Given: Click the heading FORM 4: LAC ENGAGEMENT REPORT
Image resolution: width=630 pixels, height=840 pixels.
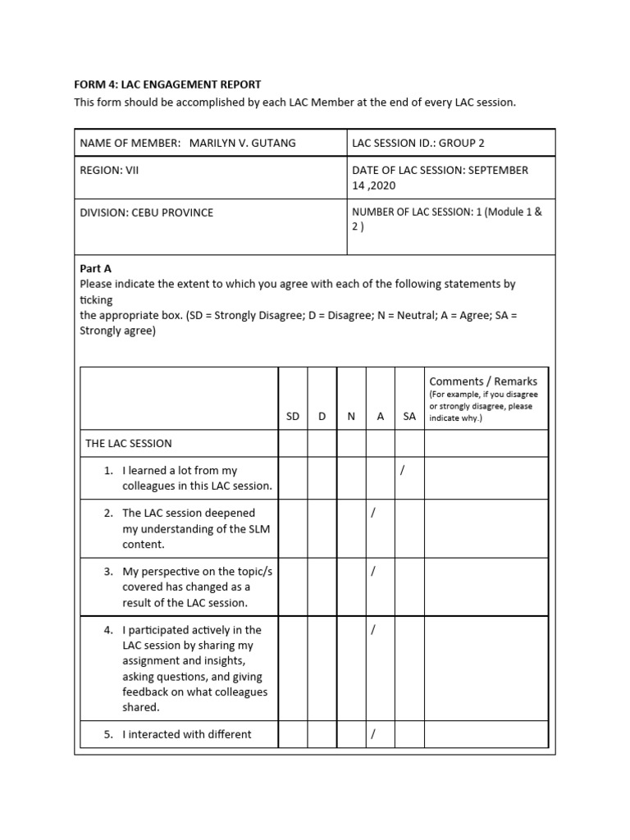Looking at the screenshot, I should point(167,84).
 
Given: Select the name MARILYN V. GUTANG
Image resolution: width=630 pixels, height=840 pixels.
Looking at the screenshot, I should point(243,143).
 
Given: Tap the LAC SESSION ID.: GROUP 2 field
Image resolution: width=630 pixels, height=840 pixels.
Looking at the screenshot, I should point(418,143).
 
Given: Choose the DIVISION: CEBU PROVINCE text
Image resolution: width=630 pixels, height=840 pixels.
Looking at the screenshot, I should point(146,212).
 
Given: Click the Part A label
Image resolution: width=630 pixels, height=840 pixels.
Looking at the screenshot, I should point(95,268).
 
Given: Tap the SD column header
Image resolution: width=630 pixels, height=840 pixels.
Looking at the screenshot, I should point(293,416).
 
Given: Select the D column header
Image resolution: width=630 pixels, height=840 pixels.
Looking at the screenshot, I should point(322,416).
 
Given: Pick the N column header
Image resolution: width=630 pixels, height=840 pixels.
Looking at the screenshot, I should point(351,416).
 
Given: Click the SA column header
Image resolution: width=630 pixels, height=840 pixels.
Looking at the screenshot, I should point(409,416).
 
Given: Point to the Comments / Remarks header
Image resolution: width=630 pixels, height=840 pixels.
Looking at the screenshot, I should point(483,381).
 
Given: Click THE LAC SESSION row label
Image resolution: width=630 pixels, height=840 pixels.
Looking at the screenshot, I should point(129,443).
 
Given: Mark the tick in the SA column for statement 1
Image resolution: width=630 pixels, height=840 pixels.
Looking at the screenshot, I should point(402,470).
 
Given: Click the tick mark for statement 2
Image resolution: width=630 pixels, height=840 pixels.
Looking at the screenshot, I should point(372,513).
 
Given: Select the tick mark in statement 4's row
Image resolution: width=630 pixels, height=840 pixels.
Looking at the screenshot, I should point(372,630).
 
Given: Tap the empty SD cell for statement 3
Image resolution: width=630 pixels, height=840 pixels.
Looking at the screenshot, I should point(293,587).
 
